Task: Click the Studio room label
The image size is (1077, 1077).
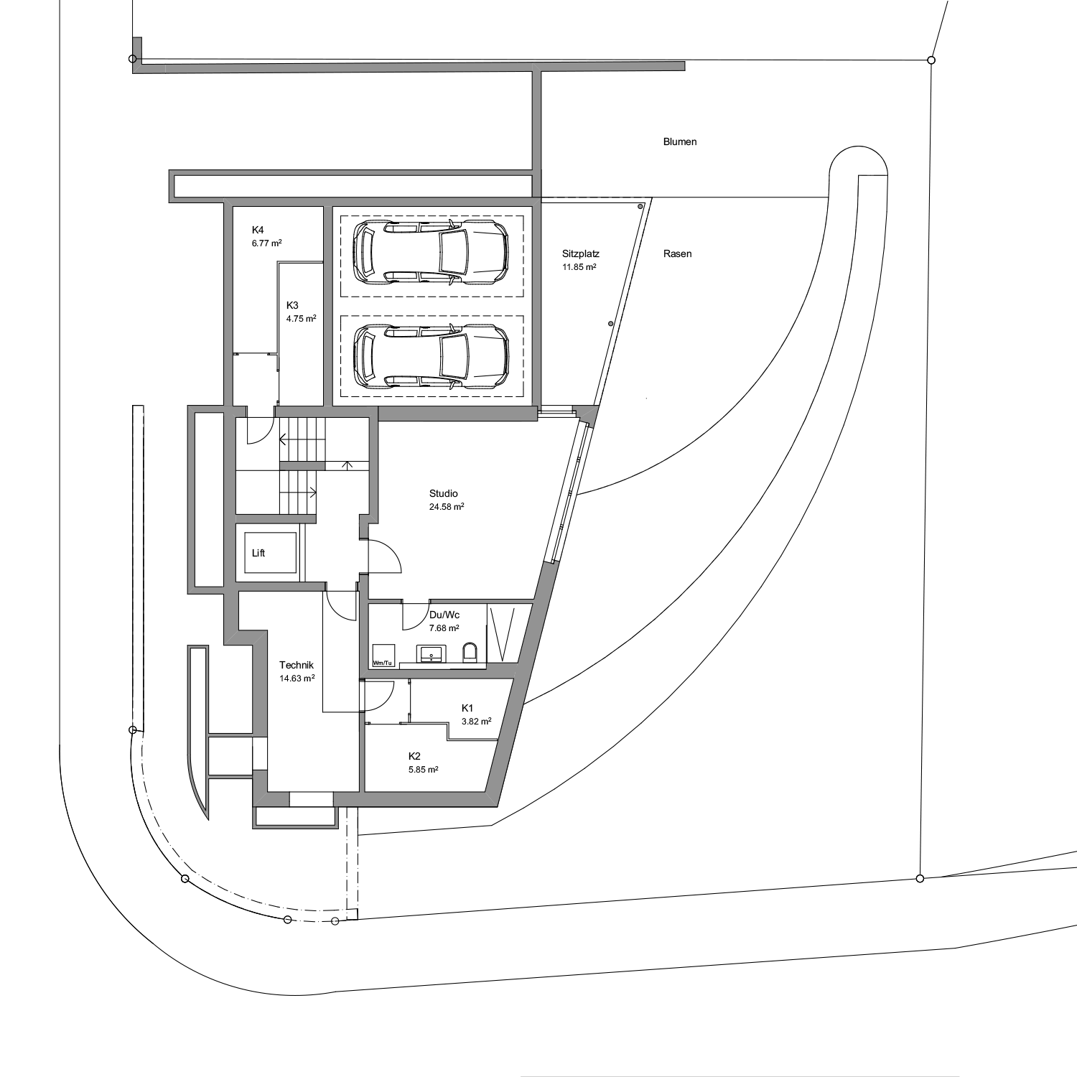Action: pyautogui.click(x=444, y=494)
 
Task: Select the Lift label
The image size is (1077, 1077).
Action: pyautogui.click(x=258, y=554)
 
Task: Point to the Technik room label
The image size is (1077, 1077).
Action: pyautogui.click(x=297, y=666)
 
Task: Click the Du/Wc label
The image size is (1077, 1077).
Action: pyautogui.click(x=444, y=615)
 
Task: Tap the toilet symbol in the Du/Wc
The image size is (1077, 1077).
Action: pyautogui.click(x=470, y=653)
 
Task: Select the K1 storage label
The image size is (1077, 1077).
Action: pyautogui.click(x=467, y=708)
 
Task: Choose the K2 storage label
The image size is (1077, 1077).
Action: pyautogui.click(x=414, y=756)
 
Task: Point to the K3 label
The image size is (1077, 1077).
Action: pyautogui.click(x=292, y=304)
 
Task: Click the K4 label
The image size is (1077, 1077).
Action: pyautogui.click(x=258, y=230)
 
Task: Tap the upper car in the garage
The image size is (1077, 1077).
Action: pyautogui.click(x=432, y=252)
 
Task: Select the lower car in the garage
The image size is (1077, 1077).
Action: pyautogui.click(x=432, y=356)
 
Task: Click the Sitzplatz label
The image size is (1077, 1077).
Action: pyautogui.click(x=581, y=253)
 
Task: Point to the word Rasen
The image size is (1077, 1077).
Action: pyautogui.click(x=678, y=254)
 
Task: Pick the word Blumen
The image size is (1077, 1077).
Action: pyautogui.click(x=680, y=142)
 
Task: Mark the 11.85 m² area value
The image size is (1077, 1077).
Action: pyautogui.click(x=579, y=267)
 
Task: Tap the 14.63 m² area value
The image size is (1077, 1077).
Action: pyautogui.click(x=297, y=679)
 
